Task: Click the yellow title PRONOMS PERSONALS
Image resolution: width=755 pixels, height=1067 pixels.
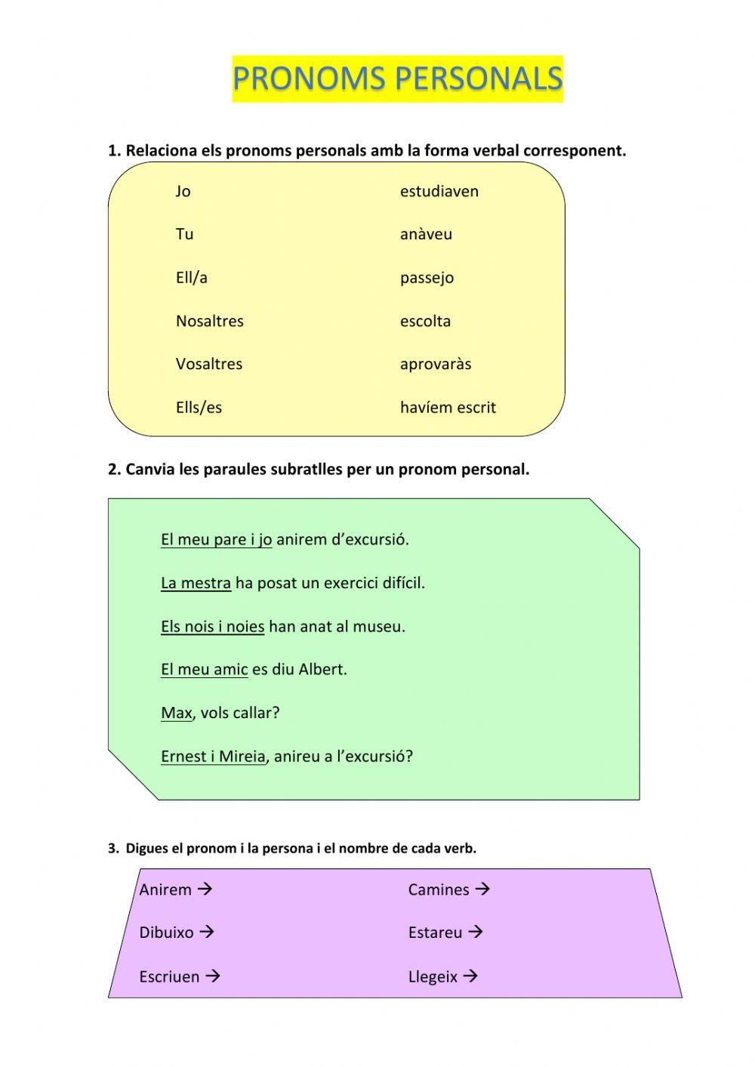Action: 397,79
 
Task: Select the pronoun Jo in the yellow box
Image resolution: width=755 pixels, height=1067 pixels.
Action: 183,191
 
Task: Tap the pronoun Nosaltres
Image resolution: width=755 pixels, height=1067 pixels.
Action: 209,321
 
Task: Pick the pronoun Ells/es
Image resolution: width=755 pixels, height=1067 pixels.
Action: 199,408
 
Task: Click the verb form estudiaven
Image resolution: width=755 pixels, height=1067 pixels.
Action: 439,191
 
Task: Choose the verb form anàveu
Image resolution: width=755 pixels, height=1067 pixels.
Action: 426,234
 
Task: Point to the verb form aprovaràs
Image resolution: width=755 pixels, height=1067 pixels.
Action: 435,364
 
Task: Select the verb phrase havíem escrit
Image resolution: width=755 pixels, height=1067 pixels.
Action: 448,408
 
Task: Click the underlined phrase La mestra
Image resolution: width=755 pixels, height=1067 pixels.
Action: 196,583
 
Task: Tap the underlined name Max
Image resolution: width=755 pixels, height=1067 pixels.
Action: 176,713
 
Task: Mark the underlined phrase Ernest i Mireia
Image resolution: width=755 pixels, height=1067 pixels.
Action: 213,756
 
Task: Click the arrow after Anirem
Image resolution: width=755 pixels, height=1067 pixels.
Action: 205,890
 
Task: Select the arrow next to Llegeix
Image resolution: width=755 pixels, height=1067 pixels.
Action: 470,976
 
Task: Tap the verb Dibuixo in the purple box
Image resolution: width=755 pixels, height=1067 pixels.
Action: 166,933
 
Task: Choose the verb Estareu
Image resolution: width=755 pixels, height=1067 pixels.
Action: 435,933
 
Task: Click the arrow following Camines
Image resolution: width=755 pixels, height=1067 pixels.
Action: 482,890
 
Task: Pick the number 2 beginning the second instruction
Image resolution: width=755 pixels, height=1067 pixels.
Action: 113,470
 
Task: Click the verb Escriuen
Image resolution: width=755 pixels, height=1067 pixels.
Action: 169,976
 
